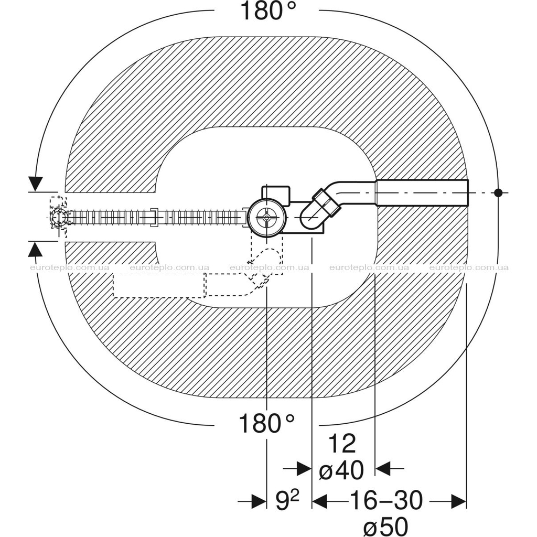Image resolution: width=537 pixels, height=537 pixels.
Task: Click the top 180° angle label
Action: (268, 10)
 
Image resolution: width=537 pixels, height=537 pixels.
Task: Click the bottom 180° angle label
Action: (266, 423)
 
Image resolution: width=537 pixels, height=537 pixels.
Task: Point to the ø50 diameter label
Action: (386, 527)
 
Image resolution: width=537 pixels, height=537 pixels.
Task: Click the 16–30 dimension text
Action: (386, 501)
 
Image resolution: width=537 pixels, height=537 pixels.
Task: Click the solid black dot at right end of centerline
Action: (498, 192)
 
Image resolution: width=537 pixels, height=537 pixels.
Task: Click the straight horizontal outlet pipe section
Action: (422, 192)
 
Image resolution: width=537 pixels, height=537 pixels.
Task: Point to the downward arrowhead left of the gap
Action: (36, 184)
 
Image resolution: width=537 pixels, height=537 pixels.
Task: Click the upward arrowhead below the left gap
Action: (35, 249)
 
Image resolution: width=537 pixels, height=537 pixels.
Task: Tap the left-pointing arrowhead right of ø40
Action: (383, 468)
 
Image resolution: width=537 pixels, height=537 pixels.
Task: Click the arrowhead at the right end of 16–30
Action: (459, 501)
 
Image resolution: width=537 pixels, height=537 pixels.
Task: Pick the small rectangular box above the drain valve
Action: (276, 195)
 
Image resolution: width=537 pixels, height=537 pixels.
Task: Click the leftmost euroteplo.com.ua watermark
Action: (70, 268)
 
